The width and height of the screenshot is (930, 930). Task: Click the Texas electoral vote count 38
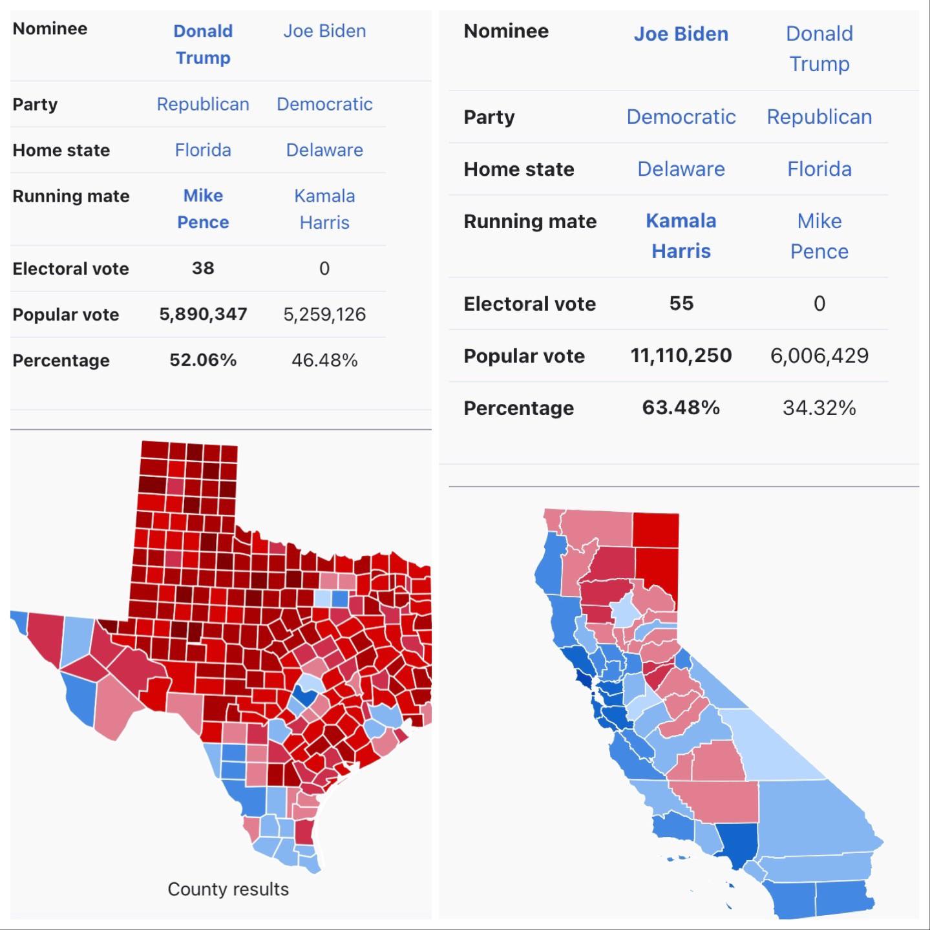point(202,268)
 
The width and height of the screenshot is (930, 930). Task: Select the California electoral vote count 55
point(681,303)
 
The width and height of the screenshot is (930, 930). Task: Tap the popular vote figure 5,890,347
point(203,314)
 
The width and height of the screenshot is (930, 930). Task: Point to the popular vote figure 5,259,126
point(324,314)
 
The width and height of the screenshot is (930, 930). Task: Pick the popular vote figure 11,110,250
point(681,355)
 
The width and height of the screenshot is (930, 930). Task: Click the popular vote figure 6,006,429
point(819,355)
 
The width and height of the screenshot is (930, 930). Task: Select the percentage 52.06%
point(203,360)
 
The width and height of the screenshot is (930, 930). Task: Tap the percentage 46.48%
point(324,360)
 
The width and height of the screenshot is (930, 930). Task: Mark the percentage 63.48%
point(681,408)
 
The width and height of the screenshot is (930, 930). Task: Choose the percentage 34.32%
point(819,408)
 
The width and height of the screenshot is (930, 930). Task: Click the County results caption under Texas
point(228,889)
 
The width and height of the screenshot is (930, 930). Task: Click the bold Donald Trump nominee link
point(203,44)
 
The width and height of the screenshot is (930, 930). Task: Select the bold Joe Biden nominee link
point(681,34)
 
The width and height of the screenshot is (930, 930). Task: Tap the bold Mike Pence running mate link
point(203,209)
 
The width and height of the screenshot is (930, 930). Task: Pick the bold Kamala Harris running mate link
point(681,236)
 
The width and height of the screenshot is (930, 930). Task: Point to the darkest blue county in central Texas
point(303,697)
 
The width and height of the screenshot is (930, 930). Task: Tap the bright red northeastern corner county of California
point(656,530)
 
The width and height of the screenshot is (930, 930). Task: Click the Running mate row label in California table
point(530,221)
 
